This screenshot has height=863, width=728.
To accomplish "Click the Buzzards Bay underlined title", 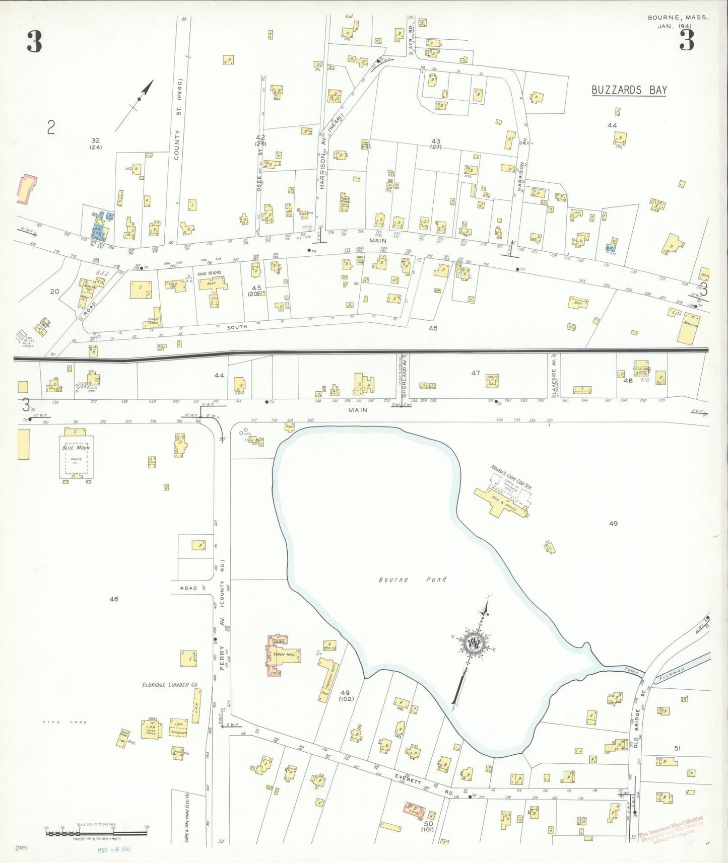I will point(629,90).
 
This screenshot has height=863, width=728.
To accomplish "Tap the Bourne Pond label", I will point(412,580).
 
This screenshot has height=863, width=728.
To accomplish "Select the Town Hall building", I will point(285,655).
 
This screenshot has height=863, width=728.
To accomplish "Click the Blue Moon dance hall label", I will point(76,448).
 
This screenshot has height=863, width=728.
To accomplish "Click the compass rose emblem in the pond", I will point(474,642).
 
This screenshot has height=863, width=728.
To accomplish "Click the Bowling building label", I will point(690,325).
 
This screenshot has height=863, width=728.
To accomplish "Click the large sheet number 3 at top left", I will point(34,42).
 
